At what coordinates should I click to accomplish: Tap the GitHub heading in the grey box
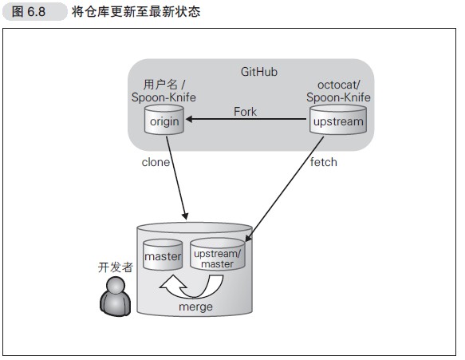pos(258,72)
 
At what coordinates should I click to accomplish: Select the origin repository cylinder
pos(165,121)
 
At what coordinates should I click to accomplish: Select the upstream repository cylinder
pos(337,122)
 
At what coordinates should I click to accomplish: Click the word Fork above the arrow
pos(245,112)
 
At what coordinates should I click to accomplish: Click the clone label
pos(156,162)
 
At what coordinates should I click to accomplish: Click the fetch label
pos(323,162)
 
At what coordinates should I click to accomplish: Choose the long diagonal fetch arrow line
pos(287,188)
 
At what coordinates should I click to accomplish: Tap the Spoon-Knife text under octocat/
pos(338,97)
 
